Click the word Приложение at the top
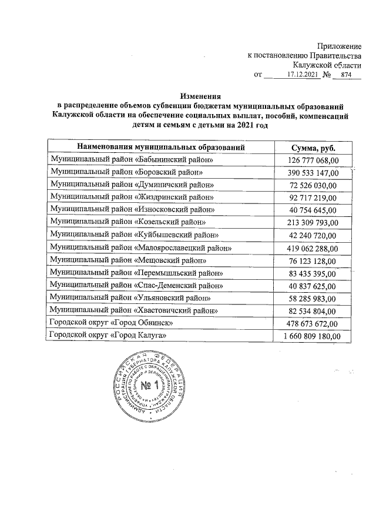339,45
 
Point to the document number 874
346,75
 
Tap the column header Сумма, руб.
313,148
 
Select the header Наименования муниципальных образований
160,148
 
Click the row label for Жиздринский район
132,197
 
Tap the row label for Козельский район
128,222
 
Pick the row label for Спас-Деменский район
137,285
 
